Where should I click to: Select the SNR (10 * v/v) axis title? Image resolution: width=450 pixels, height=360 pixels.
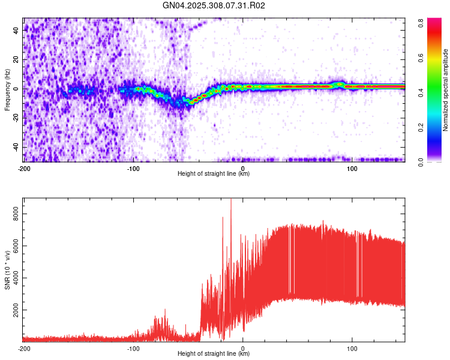[x=7, y=269]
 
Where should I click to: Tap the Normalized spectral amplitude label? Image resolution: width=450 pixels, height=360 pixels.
[x=446, y=90]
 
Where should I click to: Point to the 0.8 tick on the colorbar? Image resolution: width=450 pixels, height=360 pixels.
[x=422, y=21]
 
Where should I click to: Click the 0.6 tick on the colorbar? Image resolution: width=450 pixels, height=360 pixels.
[x=422, y=56]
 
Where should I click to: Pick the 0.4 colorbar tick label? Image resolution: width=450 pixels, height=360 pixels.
[x=422, y=92]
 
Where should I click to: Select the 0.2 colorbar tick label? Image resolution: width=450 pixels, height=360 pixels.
[x=422, y=127]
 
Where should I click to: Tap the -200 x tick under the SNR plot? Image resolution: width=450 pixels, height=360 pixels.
[x=24, y=348]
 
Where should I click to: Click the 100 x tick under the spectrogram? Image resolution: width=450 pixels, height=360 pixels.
[x=352, y=169]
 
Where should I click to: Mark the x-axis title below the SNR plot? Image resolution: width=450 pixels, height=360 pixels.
[x=214, y=354]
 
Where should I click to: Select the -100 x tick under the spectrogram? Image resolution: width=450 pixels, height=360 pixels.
[x=133, y=169]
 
